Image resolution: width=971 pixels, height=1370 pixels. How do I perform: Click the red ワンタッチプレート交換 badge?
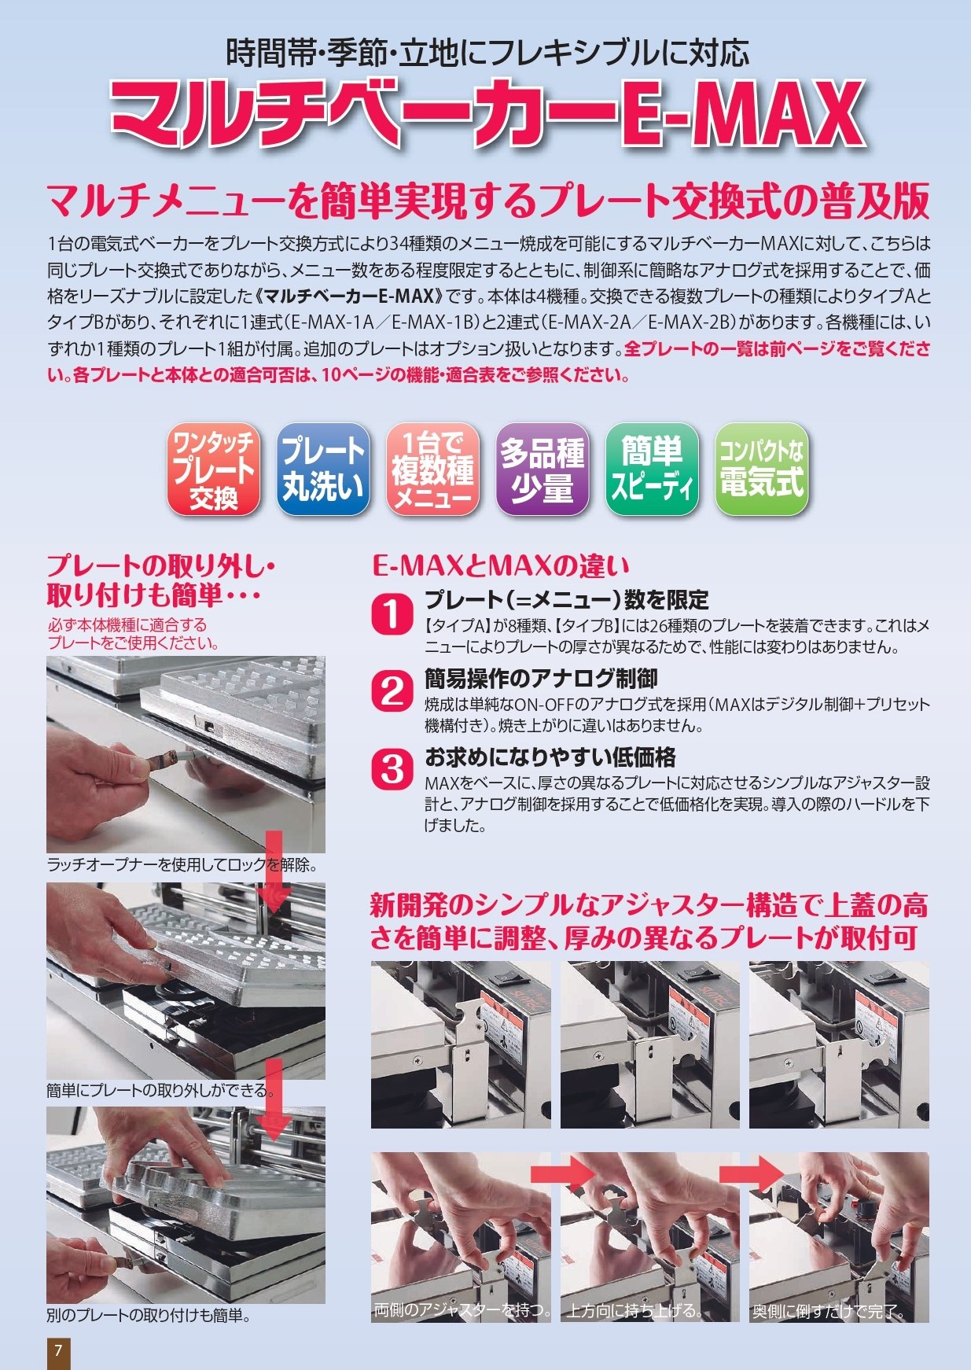213,470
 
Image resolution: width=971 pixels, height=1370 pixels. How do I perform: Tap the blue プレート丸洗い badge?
323,470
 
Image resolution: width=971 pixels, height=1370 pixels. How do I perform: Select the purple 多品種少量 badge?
542,470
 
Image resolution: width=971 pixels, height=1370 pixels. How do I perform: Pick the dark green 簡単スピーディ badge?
652,470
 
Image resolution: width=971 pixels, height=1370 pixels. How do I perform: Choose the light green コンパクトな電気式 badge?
761,470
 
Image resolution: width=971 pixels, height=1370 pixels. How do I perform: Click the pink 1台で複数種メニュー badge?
432,470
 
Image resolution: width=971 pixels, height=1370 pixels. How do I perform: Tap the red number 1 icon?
392,614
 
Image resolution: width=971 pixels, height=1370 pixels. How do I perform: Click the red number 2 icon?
392,691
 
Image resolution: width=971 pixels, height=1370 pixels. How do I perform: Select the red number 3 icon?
392,769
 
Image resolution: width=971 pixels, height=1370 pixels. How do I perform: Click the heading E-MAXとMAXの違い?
500,565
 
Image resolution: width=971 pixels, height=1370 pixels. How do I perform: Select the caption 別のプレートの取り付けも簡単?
148,1315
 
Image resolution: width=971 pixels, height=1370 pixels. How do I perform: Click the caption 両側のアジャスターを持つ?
462,1310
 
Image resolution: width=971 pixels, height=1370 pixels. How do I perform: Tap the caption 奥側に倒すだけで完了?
828,1312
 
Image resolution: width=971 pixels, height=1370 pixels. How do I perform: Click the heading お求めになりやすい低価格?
550,757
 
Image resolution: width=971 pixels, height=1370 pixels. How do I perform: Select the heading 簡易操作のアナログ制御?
541,679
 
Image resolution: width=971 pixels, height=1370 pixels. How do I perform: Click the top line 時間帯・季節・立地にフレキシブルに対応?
487,53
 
